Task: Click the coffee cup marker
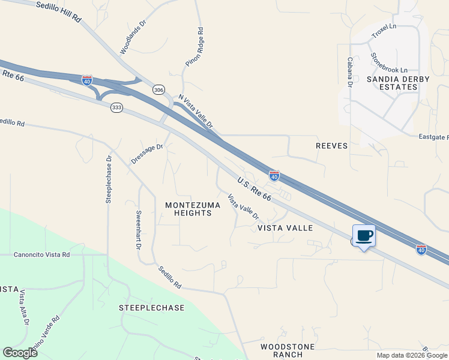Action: [x=364, y=235]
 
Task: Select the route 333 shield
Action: [x=116, y=107]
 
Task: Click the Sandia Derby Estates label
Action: [x=393, y=83]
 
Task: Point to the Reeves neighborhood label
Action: [x=332, y=145]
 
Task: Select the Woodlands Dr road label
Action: [x=133, y=39]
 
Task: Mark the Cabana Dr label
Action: [x=349, y=73]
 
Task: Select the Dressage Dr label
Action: [x=147, y=154]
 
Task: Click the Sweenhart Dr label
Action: [x=139, y=230]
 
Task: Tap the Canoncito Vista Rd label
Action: [x=42, y=254]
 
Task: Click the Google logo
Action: [x=20, y=352]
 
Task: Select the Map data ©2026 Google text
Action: [x=412, y=355]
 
